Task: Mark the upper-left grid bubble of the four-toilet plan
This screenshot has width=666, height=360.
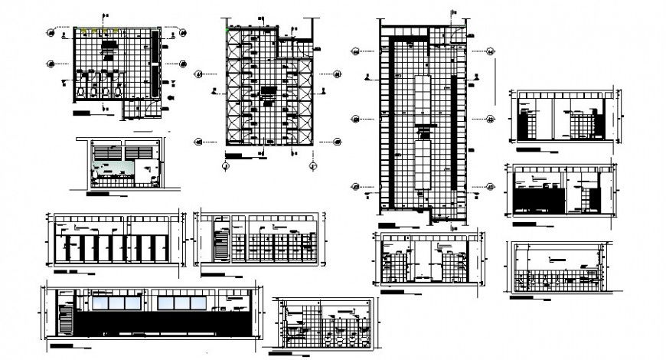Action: [53, 31]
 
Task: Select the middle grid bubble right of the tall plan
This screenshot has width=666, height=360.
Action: [488, 119]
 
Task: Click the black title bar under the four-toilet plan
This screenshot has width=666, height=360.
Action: [80, 113]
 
